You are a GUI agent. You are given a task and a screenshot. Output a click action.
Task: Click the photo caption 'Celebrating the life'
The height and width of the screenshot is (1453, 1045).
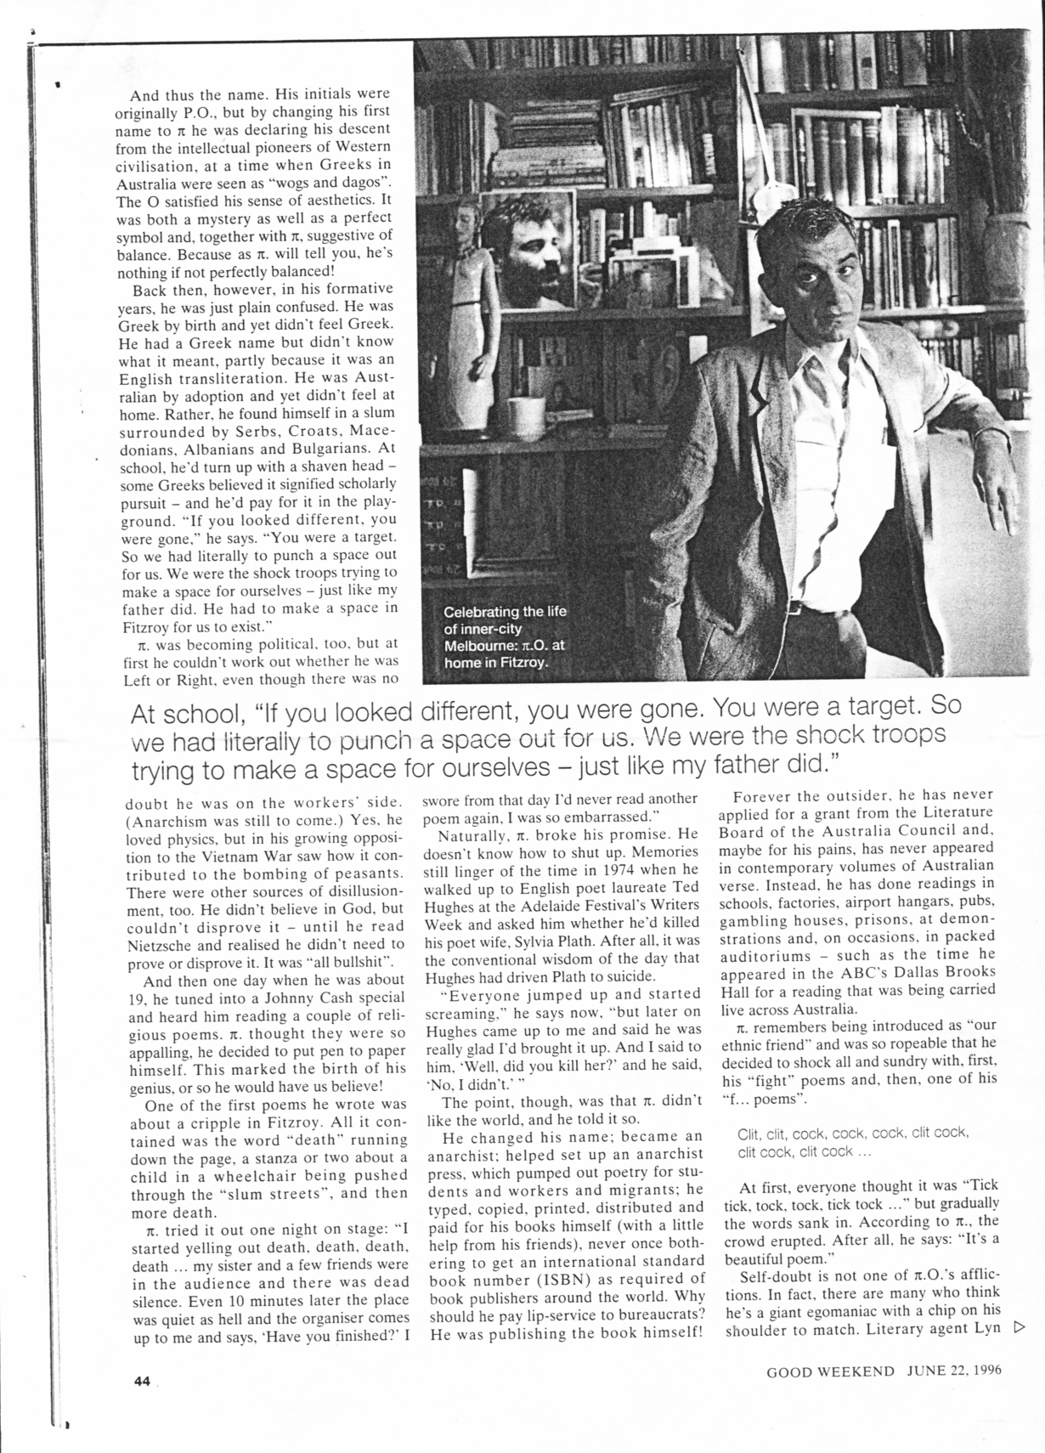pyautogui.click(x=505, y=612)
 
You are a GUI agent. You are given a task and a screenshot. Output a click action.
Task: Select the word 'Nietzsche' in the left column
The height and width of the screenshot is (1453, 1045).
pyautogui.click(x=166, y=945)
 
